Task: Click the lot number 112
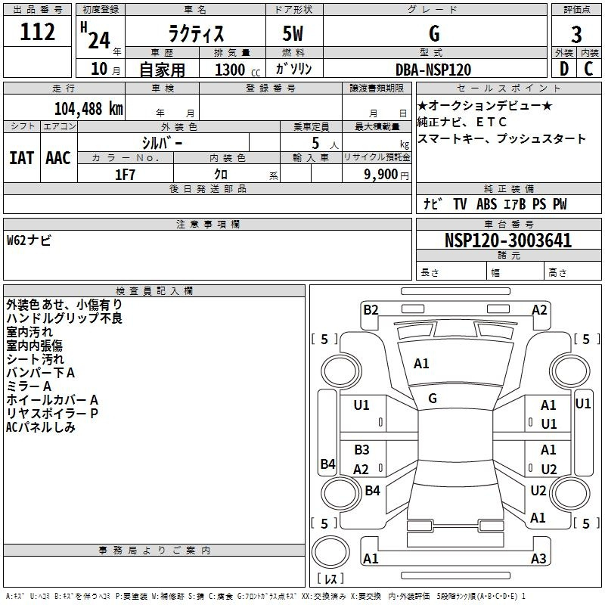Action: pos(39,32)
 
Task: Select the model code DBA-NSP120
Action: pos(433,70)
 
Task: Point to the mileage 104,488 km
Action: pos(88,108)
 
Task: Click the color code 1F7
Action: pos(125,175)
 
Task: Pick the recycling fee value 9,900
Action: pos(386,175)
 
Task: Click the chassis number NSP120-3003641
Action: pos(507,240)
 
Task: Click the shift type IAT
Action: pos(21,158)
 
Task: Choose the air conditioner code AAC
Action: pos(58,158)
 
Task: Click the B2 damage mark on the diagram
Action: pos(371,309)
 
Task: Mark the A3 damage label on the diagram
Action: pos(538,559)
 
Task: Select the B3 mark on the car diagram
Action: pos(361,450)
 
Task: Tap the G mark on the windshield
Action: pos(433,399)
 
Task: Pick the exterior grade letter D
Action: pos(563,70)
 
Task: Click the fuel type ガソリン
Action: pos(294,70)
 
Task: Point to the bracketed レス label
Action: pos(331,580)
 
